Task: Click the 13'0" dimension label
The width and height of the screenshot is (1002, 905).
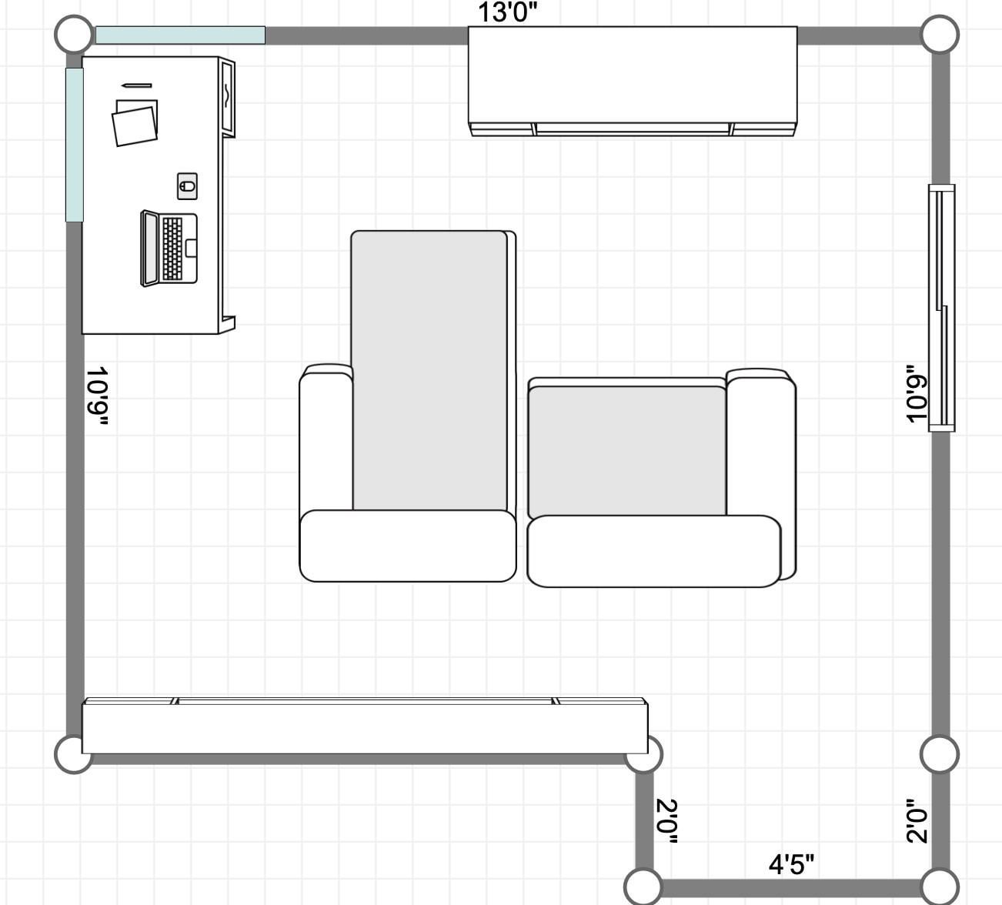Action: (x=507, y=12)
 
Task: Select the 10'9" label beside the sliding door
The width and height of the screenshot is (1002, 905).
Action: (x=917, y=393)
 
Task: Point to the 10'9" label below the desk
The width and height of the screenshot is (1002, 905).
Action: (x=98, y=397)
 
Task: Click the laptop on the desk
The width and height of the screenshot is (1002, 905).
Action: (x=169, y=249)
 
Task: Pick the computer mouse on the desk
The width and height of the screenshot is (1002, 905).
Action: (x=187, y=186)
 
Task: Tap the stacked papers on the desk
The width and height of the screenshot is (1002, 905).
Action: (x=135, y=123)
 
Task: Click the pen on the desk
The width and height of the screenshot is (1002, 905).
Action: (x=136, y=85)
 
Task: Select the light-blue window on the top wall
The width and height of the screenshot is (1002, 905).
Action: (x=180, y=35)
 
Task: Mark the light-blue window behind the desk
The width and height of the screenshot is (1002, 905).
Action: (x=75, y=145)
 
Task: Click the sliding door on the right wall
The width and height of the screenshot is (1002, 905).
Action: (x=941, y=308)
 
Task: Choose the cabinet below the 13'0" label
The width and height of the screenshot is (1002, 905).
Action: (x=633, y=81)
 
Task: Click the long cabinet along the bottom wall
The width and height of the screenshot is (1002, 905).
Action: (x=365, y=726)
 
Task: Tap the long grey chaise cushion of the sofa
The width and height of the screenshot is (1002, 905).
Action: (x=429, y=370)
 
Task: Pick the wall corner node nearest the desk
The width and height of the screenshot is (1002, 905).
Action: (x=74, y=34)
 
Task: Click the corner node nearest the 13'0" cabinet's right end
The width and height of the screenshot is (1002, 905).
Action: (x=940, y=35)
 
